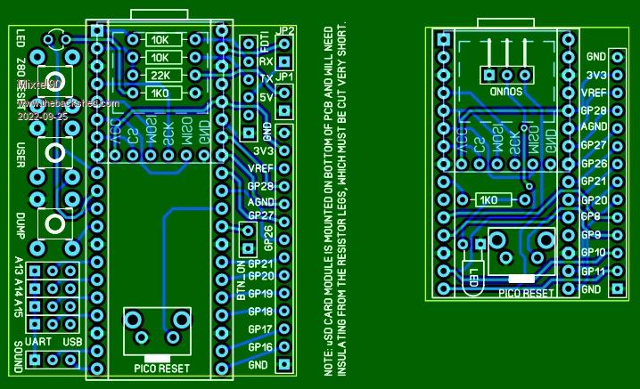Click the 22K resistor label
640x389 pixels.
tap(161, 76)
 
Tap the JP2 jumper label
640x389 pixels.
tap(285, 31)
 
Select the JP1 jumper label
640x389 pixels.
tap(285, 77)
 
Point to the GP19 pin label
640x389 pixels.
tap(260, 295)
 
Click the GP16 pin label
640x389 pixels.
tap(260, 347)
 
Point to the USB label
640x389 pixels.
tap(72, 343)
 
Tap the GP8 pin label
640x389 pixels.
tap(589, 217)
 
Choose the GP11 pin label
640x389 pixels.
tap(592, 271)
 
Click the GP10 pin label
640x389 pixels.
tap(592, 254)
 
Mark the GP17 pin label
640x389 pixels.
tap(260, 329)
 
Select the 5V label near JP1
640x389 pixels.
tap(266, 97)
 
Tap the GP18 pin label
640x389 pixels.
tap(260, 312)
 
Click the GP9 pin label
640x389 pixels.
tap(589, 235)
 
